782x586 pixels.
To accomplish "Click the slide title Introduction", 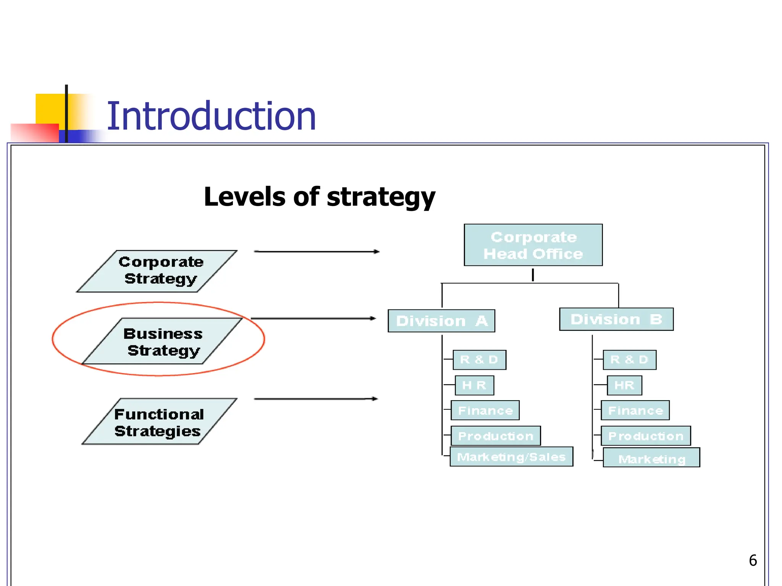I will point(211,116).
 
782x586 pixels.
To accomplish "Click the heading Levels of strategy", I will point(320,197).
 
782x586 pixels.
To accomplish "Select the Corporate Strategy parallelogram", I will point(157,271).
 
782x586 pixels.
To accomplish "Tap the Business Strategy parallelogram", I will point(162,341).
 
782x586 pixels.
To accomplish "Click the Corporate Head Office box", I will point(533,245).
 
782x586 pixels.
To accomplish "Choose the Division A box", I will point(441,321).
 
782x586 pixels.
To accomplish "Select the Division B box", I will point(616,319).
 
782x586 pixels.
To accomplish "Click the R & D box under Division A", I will point(479,360).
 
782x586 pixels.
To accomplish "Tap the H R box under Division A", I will point(474,385).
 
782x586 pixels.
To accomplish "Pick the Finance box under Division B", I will point(635,411).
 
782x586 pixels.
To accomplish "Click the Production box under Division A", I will point(496,436).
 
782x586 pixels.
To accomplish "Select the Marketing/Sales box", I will point(511,457).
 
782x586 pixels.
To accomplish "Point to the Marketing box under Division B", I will point(651,458).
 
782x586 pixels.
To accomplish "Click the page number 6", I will point(753,560).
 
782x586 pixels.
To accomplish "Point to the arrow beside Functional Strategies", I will point(315,399).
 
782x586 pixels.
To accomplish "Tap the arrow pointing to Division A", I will point(313,318).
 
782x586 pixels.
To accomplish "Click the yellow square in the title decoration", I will point(50,108).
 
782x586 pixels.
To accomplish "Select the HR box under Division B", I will point(624,385).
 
